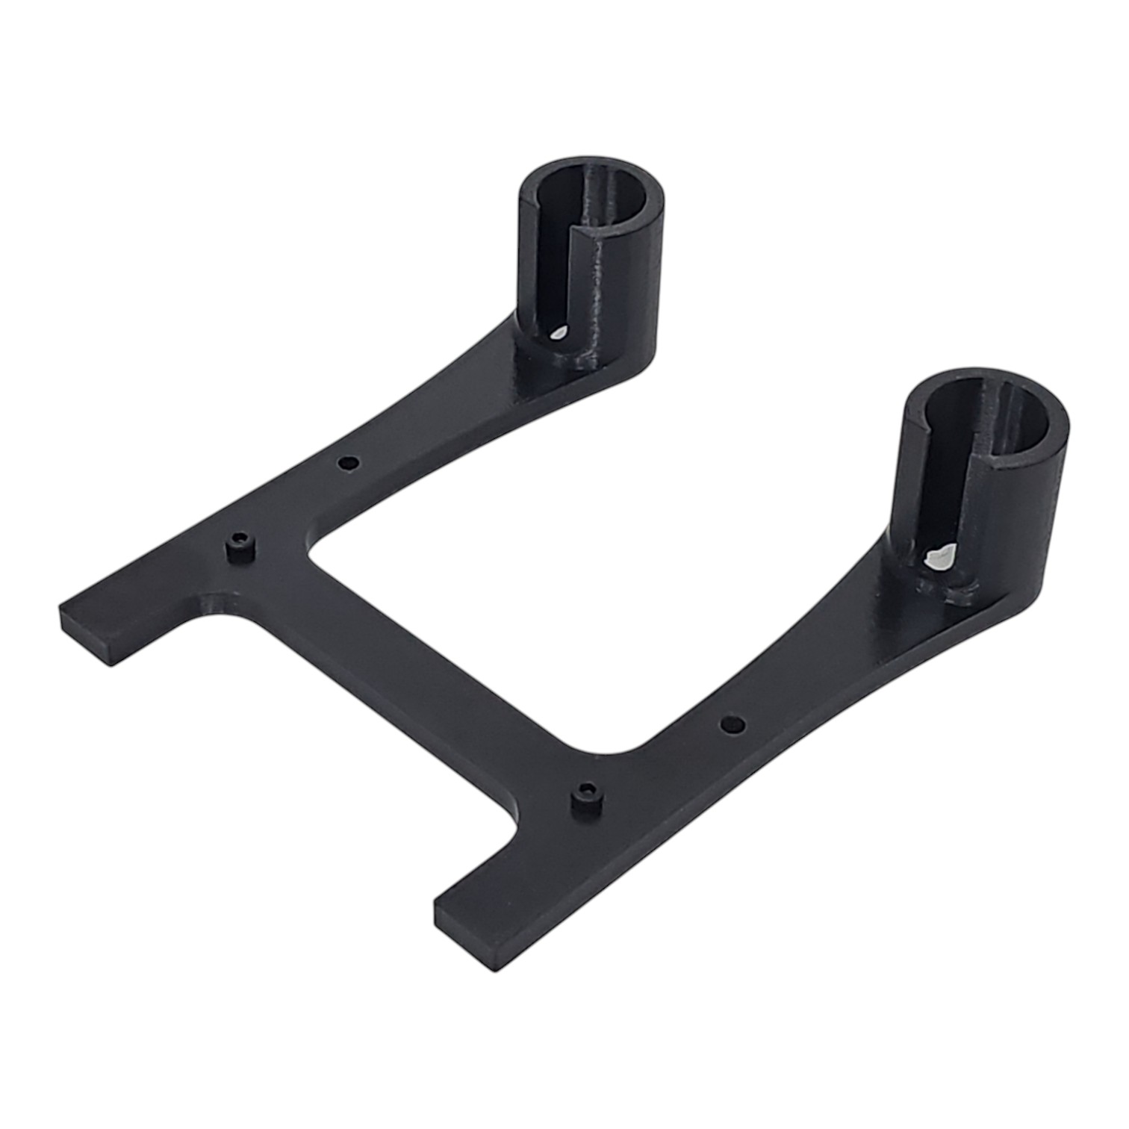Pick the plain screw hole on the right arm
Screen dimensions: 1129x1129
pyautogui.click(x=733, y=723)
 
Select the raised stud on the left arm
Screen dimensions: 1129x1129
pyautogui.click(x=239, y=547)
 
